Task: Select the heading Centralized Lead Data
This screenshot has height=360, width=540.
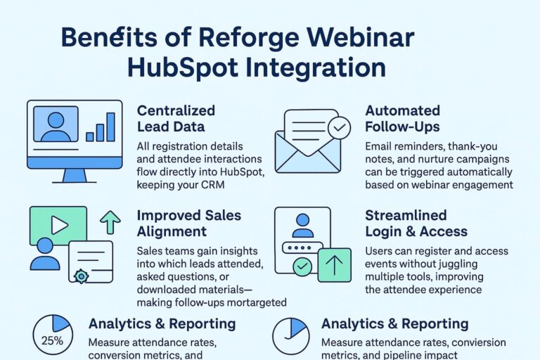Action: point(176,118)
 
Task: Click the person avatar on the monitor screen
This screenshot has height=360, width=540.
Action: point(56,124)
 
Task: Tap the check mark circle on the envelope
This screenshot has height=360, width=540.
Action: point(340,128)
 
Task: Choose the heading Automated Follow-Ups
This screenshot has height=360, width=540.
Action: point(403,118)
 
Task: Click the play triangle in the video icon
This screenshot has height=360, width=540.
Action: point(60,225)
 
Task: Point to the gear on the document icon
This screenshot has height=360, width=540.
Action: point(82,277)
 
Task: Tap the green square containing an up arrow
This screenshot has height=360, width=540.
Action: point(335,265)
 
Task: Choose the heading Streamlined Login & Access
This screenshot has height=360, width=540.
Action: point(416,223)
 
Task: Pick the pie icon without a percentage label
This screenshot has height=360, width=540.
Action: point(290,336)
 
